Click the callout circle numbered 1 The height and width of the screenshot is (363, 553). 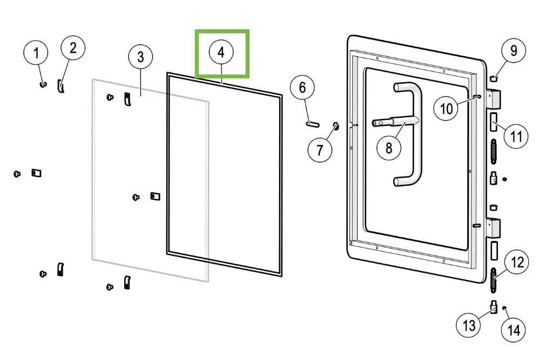pos(36,53)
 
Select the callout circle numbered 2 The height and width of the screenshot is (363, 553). pos(73,48)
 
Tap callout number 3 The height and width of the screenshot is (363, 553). pos(140,56)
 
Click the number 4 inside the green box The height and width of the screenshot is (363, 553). pos(221,52)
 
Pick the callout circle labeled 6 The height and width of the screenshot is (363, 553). pos(302,88)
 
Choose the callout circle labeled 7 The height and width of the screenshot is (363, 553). pos(320,150)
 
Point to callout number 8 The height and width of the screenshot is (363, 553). pos(389,146)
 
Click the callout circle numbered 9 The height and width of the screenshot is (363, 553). pos(513,51)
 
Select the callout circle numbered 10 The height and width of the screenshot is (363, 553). pos(446,109)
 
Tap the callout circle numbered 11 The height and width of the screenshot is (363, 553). pos(516,136)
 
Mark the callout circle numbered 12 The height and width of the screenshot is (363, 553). pos(517,263)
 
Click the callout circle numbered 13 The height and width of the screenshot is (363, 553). pos(468,325)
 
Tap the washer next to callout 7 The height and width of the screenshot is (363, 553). pos(335,127)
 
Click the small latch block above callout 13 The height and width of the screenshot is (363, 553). pos(493,308)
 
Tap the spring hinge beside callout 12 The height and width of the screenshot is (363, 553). pos(494,279)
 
